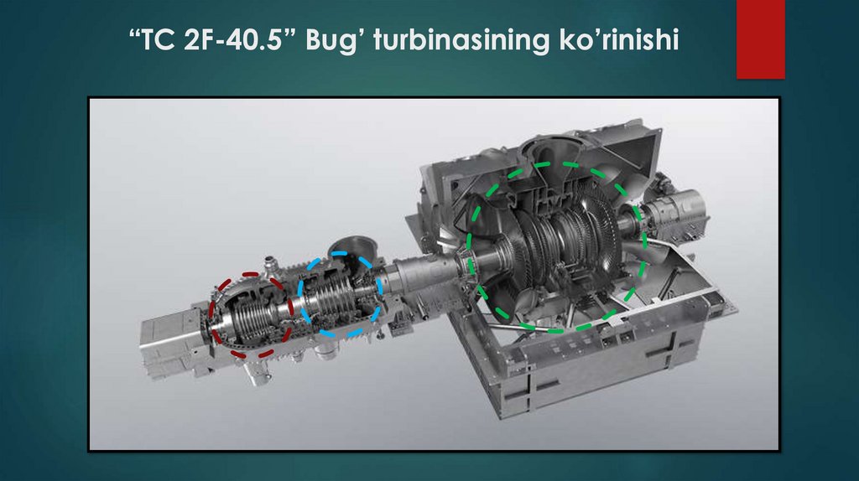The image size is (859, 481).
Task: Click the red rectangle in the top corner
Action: pos(760,39)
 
